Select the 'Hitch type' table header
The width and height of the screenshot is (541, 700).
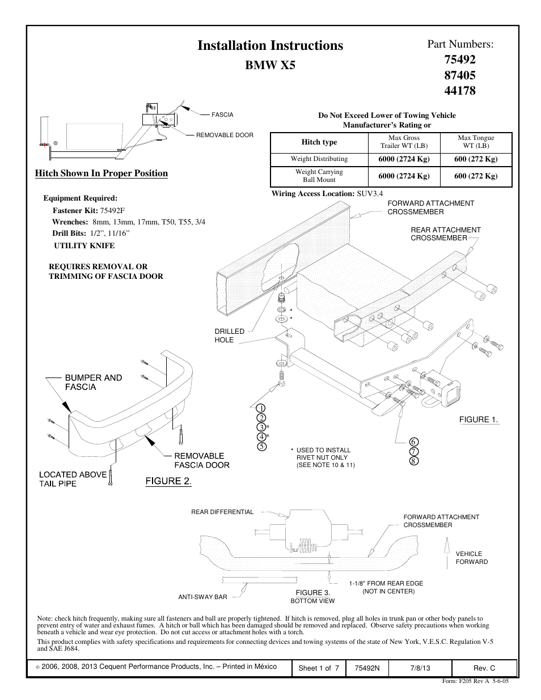click(x=319, y=142)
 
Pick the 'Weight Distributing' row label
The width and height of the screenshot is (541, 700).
click(x=319, y=159)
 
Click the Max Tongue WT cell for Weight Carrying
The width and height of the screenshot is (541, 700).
click(x=476, y=176)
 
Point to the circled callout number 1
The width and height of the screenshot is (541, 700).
click(x=261, y=408)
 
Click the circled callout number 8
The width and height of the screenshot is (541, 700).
click(x=413, y=461)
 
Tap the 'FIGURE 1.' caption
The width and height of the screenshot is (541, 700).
click(x=478, y=419)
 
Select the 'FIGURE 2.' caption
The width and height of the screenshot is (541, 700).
click(x=168, y=482)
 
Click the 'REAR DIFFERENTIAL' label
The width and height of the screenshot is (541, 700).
click(x=222, y=512)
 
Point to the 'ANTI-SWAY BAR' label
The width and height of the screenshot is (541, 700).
click(x=202, y=597)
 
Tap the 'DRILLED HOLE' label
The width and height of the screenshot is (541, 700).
click(x=229, y=336)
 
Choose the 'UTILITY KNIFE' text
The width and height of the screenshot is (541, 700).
click(x=84, y=245)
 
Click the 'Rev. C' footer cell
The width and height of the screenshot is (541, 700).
click(x=484, y=668)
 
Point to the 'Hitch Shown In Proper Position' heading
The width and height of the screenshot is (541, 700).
click(x=102, y=173)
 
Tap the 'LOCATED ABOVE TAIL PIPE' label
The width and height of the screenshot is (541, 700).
click(x=73, y=479)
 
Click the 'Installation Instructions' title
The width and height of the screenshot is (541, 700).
click(x=270, y=45)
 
